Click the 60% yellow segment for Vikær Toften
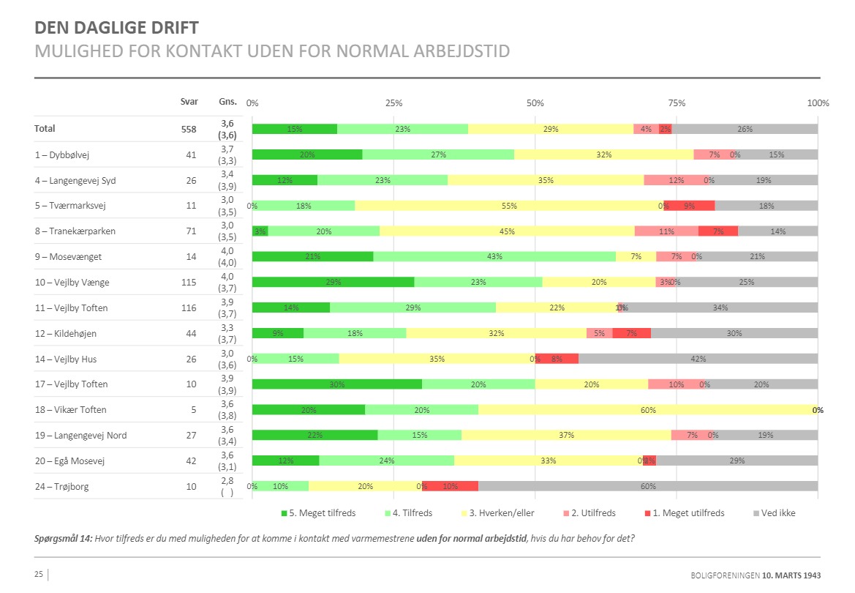[x=647, y=410]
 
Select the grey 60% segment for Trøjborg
[x=647, y=486]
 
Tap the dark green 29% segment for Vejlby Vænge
[x=333, y=282]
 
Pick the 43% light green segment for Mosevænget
[x=494, y=256]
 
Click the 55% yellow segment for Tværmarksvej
[x=508, y=206]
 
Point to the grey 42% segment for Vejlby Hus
[x=698, y=359]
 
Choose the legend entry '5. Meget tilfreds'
[x=317, y=513]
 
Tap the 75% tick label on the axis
[x=676, y=103]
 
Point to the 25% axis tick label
[x=393, y=103]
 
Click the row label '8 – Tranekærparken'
[x=75, y=231]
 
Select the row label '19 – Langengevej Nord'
[x=80, y=436]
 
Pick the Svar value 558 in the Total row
[x=189, y=129]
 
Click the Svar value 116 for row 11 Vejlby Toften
[x=189, y=308]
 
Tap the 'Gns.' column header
[x=227, y=102]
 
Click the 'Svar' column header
[x=189, y=102]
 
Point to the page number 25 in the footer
[x=39, y=575]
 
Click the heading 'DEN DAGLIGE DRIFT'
[x=116, y=29]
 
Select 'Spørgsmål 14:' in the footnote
[x=64, y=539]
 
